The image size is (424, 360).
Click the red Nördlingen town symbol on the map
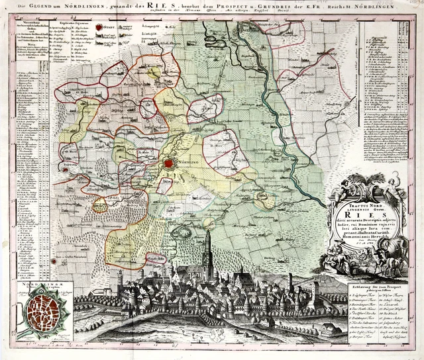(x=169, y=163)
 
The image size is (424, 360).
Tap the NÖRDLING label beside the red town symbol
(x=189, y=163)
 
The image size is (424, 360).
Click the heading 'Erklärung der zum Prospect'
(x=376, y=284)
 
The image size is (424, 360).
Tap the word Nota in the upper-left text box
(x=25, y=64)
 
